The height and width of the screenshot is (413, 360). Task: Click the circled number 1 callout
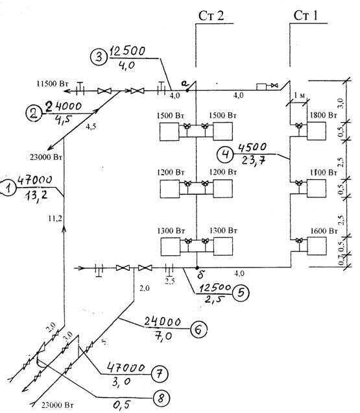coord(8,188)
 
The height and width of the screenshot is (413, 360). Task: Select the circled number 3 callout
coord(98,57)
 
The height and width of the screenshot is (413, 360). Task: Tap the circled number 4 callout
coord(224,155)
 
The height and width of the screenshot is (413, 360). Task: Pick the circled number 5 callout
coord(239,292)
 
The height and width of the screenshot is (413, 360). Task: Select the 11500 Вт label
coord(52,84)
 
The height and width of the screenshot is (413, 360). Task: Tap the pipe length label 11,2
coord(55,220)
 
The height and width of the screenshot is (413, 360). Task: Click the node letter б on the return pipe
coord(195,276)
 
